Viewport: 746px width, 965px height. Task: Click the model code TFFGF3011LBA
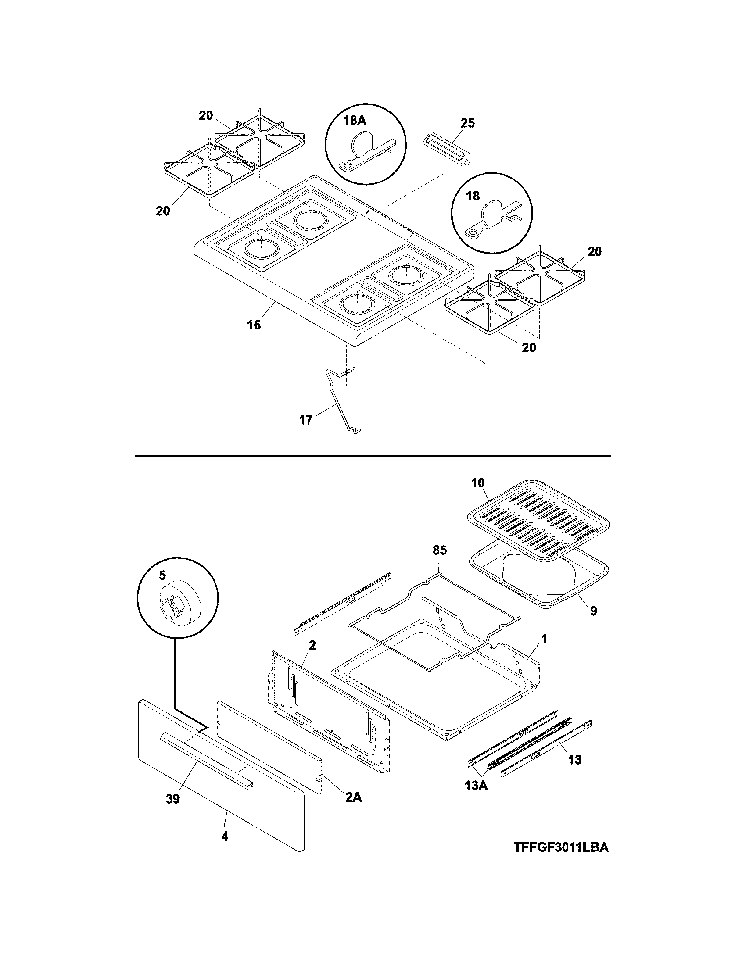[561, 847]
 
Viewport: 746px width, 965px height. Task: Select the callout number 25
[468, 123]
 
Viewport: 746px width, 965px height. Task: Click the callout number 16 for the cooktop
[254, 325]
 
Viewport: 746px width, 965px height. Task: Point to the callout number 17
[306, 419]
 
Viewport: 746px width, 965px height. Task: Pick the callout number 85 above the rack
[440, 550]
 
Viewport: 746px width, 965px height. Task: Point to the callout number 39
[173, 799]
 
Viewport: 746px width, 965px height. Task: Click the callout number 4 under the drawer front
[225, 836]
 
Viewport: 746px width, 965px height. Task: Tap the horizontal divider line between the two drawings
[372, 456]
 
